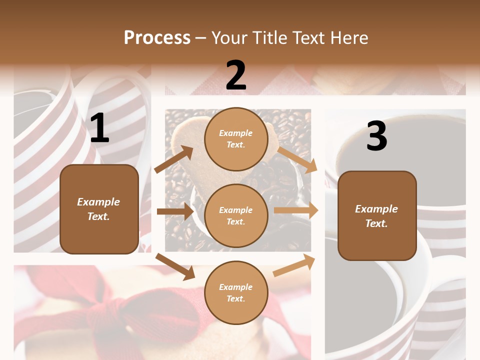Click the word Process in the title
157,38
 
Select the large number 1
99,128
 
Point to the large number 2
236,75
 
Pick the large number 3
376,136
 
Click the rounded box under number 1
99,209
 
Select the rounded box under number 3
376,216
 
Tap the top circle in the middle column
236,139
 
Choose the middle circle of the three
236,216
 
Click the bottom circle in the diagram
236,293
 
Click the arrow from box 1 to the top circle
174,159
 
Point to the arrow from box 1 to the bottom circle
175,266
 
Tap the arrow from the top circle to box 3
297,159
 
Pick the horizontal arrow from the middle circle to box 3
296,210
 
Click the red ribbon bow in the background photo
125,310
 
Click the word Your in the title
229,38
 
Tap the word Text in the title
309,38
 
